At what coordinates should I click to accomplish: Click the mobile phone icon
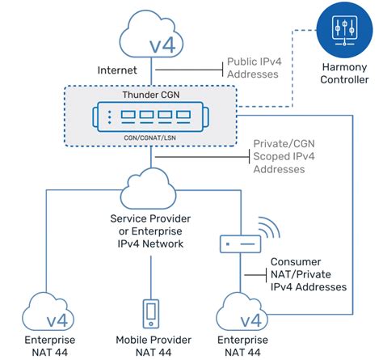pos(149,312)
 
